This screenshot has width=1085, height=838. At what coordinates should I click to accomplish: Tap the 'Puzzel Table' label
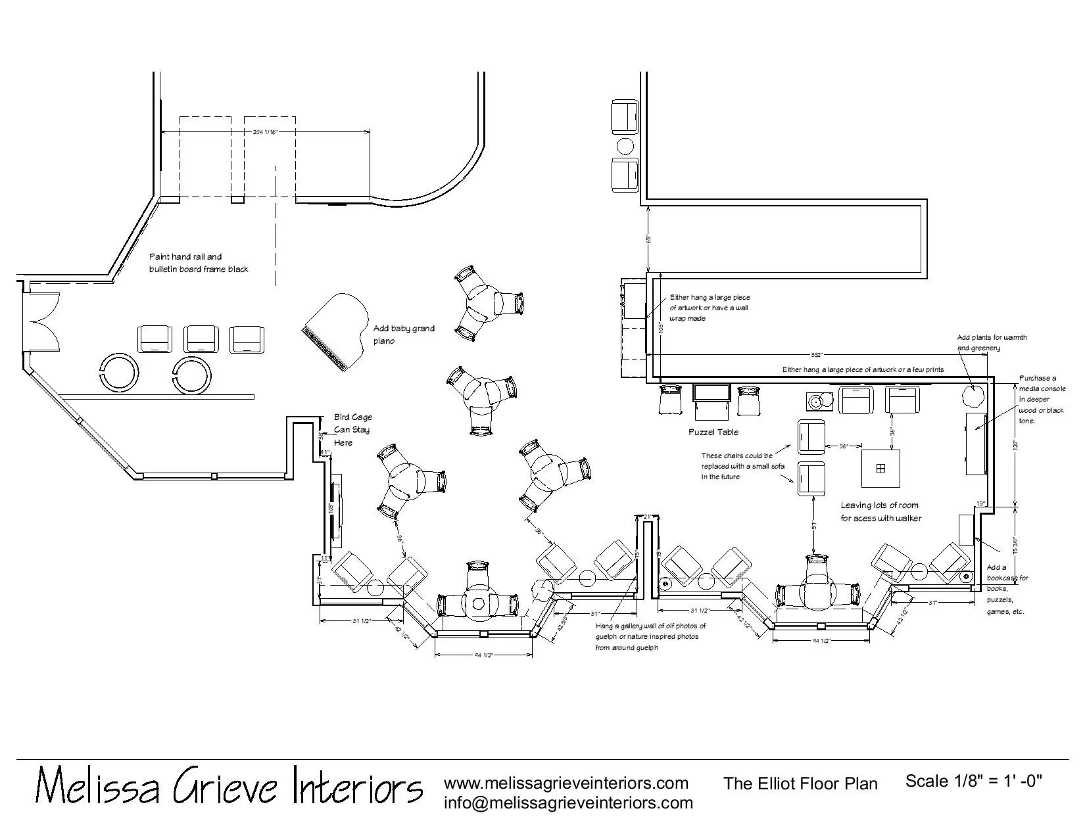(x=713, y=432)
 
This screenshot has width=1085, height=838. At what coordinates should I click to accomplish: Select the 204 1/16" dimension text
(x=266, y=132)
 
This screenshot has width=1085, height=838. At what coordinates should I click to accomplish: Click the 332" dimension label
(x=817, y=354)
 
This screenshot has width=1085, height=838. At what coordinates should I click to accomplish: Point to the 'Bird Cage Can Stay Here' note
(x=352, y=430)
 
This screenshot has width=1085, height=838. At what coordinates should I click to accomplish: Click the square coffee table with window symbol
(x=880, y=467)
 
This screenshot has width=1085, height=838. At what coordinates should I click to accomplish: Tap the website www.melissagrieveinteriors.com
(x=566, y=783)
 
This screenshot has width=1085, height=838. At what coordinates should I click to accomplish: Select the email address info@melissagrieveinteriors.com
(x=568, y=803)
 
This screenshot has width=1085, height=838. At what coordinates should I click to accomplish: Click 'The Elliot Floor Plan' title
(x=800, y=783)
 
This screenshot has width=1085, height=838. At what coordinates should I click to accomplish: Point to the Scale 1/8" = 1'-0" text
(x=973, y=781)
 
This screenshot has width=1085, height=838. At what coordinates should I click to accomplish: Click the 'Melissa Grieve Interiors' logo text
(x=228, y=785)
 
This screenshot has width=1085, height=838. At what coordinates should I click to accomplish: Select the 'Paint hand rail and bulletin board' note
(x=199, y=263)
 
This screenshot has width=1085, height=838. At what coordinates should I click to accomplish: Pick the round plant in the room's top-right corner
(x=973, y=396)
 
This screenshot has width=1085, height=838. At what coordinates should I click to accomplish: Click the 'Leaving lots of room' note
(x=880, y=511)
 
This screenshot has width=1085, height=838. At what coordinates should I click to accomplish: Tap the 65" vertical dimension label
(x=648, y=239)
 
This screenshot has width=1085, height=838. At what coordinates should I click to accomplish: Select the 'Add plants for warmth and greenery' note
(x=992, y=342)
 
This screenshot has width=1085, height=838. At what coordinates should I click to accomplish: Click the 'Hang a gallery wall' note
(x=650, y=636)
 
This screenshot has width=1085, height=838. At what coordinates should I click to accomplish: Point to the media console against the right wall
(x=975, y=444)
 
